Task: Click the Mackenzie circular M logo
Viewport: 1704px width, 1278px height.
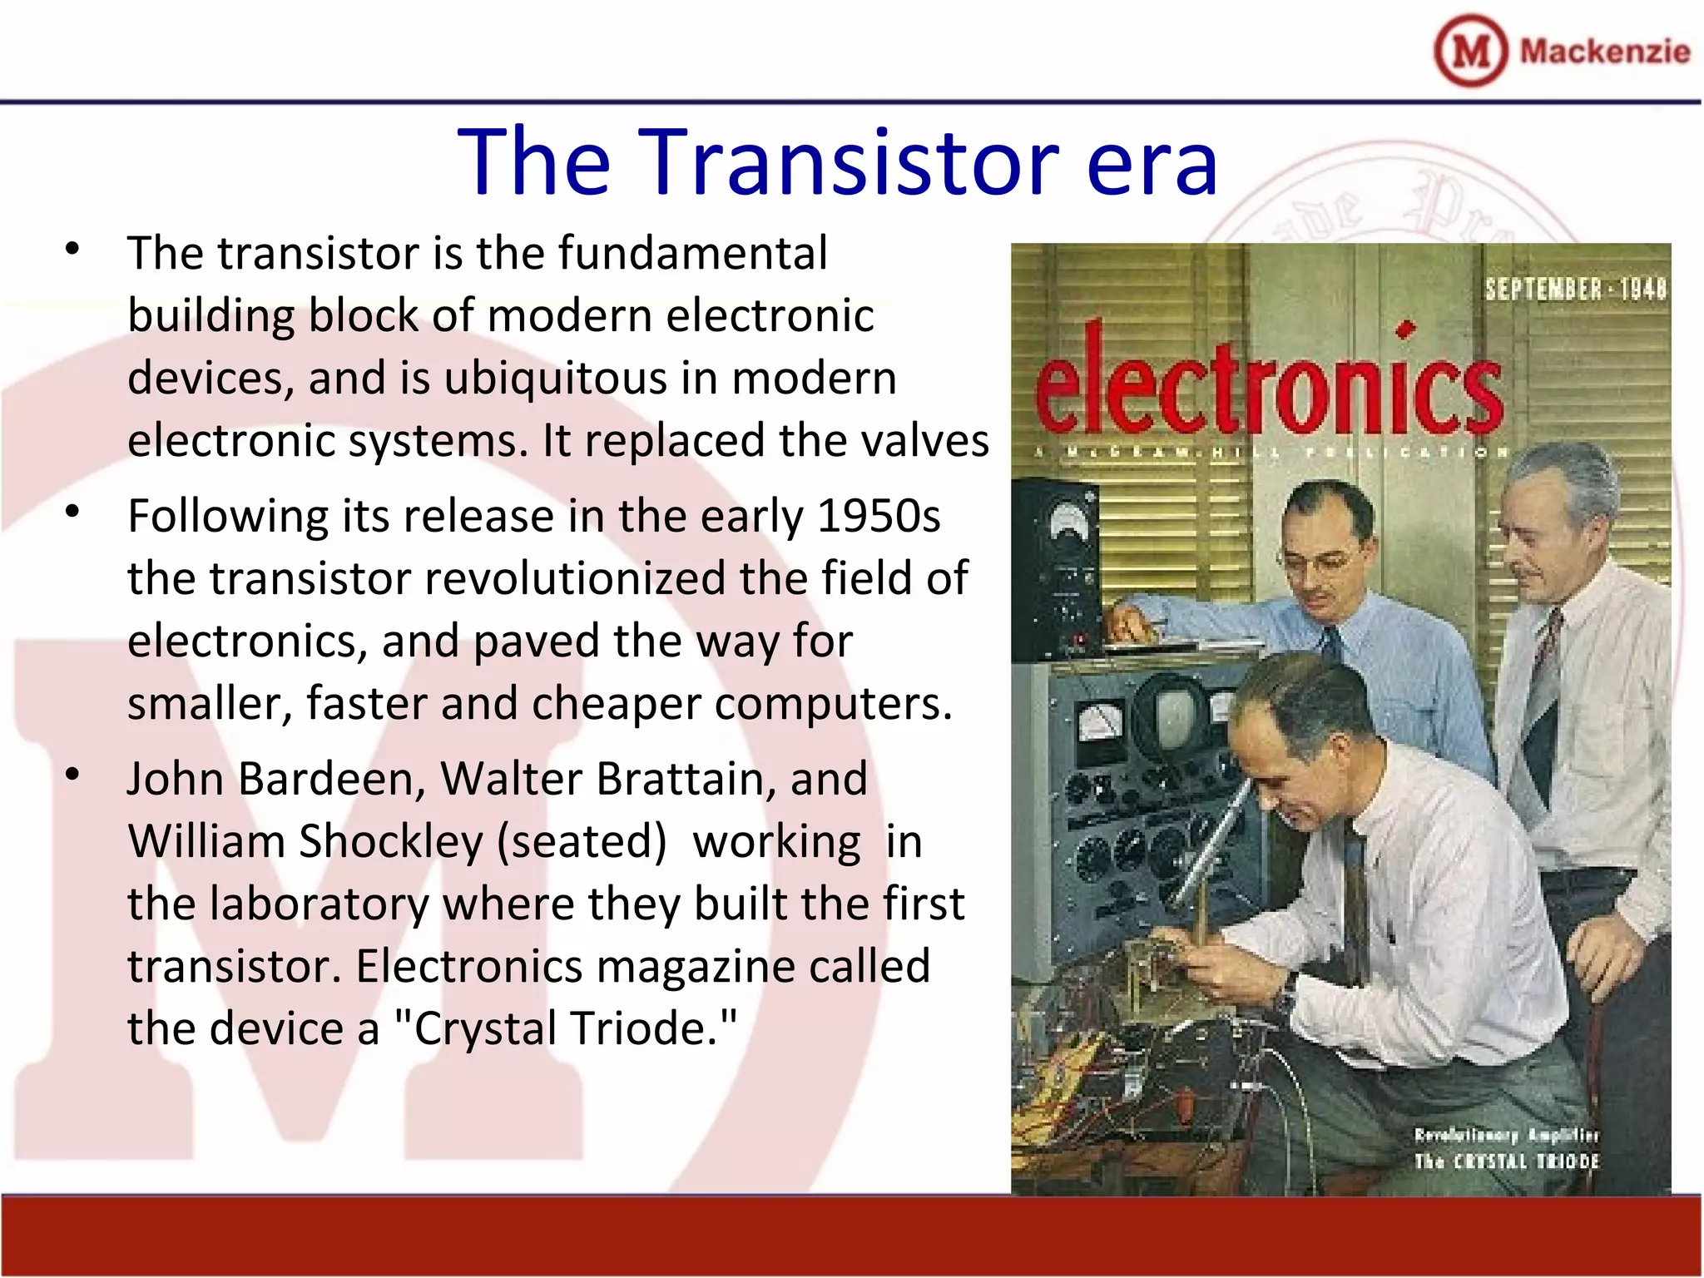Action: pyautogui.click(x=1470, y=51)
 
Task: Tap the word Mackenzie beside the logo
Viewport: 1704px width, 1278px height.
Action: pyautogui.click(x=1604, y=52)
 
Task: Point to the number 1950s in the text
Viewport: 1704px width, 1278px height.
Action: pyautogui.click(x=879, y=516)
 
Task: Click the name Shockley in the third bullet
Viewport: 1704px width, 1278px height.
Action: pyautogui.click(x=390, y=841)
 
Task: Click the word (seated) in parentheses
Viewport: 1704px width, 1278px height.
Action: pyautogui.click(x=582, y=841)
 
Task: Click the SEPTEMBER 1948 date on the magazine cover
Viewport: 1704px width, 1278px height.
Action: pyautogui.click(x=1575, y=290)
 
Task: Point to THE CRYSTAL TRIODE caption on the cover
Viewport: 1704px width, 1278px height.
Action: pyautogui.click(x=1506, y=1162)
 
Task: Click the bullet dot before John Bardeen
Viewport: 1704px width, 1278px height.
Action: pyautogui.click(x=72, y=775)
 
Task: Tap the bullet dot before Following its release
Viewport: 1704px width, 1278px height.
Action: pyautogui.click(x=72, y=512)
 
